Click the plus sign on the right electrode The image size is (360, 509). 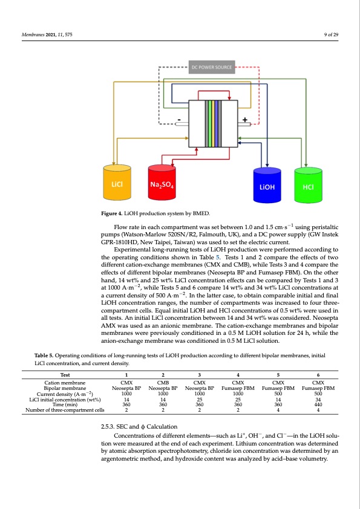click(245, 120)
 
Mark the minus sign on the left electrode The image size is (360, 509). click(179, 120)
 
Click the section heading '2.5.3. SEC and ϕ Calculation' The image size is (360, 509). click(137, 427)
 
